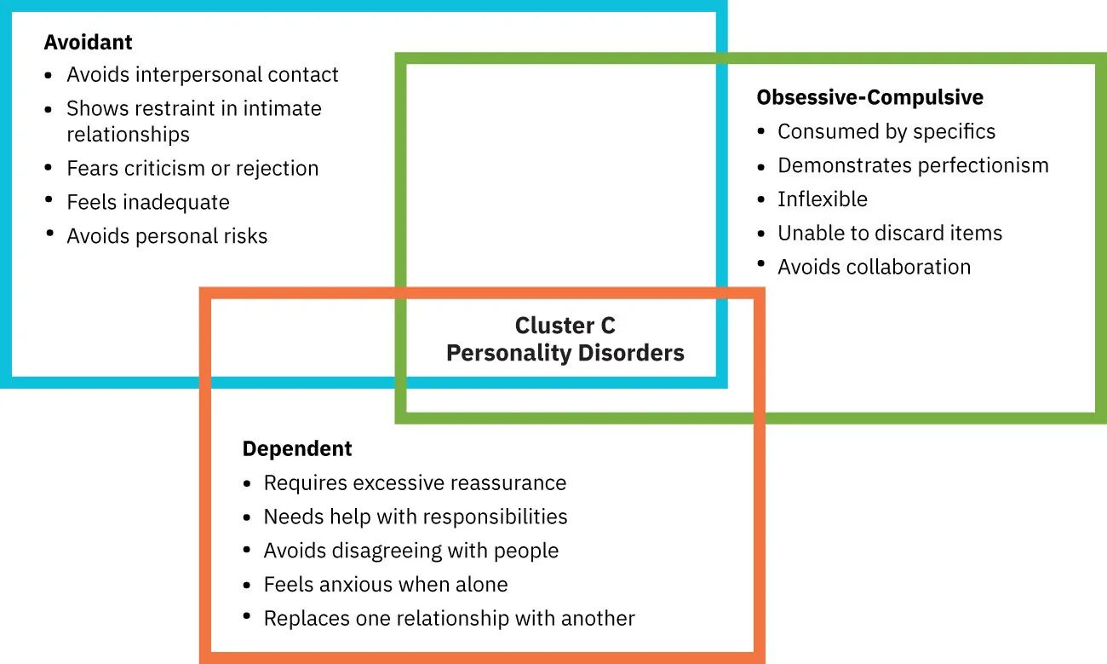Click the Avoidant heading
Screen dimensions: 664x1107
(x=88, y=42)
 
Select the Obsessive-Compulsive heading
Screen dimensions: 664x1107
(x=869, y=98)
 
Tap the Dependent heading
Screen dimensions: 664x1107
(x=296, y=449)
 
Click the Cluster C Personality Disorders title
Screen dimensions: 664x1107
(x=565, y=339)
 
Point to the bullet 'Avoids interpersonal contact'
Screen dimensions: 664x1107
(x=202, y=75)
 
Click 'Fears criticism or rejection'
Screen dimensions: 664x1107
(x=192, y=169)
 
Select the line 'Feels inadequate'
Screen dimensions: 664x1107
(x=148, y=203)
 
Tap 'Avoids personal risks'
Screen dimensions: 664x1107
(x=167, y=237)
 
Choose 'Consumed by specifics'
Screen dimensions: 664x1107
(x=886, y=132)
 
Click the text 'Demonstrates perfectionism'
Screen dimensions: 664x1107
(x=913, y=165)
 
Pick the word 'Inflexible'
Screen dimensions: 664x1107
(x=822, y=199)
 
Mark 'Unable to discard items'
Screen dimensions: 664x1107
(x=889, y=234)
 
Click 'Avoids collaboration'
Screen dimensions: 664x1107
(x=874, y=268)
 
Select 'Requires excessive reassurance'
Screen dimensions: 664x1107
(x=415, y=483)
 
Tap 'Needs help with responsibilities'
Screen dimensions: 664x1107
(x=415, y=517)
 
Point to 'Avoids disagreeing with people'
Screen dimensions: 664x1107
(x=410, y=551)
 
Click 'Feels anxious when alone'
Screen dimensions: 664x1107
(x=385, y=585)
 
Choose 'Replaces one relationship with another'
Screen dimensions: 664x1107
(x=449, y=619)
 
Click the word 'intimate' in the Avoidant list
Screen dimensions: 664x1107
(x=282, y=109)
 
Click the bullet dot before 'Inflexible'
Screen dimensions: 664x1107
(x=761, y=199)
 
